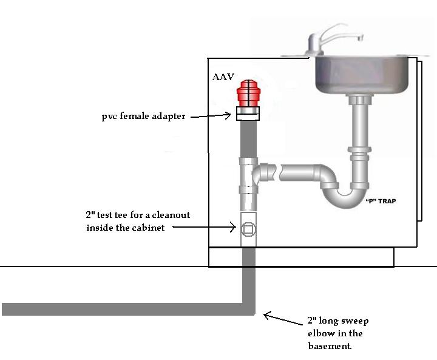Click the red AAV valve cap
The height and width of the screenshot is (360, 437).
pos(248,93)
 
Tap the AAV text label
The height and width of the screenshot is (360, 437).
pos(223,77)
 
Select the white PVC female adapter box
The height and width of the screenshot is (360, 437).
pos(248,114)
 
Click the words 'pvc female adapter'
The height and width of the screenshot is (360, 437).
pos(143,116)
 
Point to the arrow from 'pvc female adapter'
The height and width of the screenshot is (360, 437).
pos(211,115)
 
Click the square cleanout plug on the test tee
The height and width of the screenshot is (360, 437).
pos(248,229)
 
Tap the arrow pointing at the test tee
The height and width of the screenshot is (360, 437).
pos(205,227)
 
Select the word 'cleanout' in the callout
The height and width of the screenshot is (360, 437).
pos(171,215)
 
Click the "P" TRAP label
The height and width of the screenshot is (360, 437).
pos(381,201)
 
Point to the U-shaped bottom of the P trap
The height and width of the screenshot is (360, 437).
pos(345,199)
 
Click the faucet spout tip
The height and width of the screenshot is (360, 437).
pos(361,38)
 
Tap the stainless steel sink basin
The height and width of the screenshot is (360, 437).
pos(362,75)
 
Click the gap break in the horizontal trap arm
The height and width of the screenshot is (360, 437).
pos(279,172)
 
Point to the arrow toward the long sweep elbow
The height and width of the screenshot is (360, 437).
pos(283,319)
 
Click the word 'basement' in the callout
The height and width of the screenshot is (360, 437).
pos(329,346)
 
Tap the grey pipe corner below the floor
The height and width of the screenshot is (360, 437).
pos(249,309)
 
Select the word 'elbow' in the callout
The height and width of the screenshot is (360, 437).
pos(317,333)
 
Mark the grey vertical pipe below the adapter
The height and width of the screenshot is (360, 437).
pos(248,139)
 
